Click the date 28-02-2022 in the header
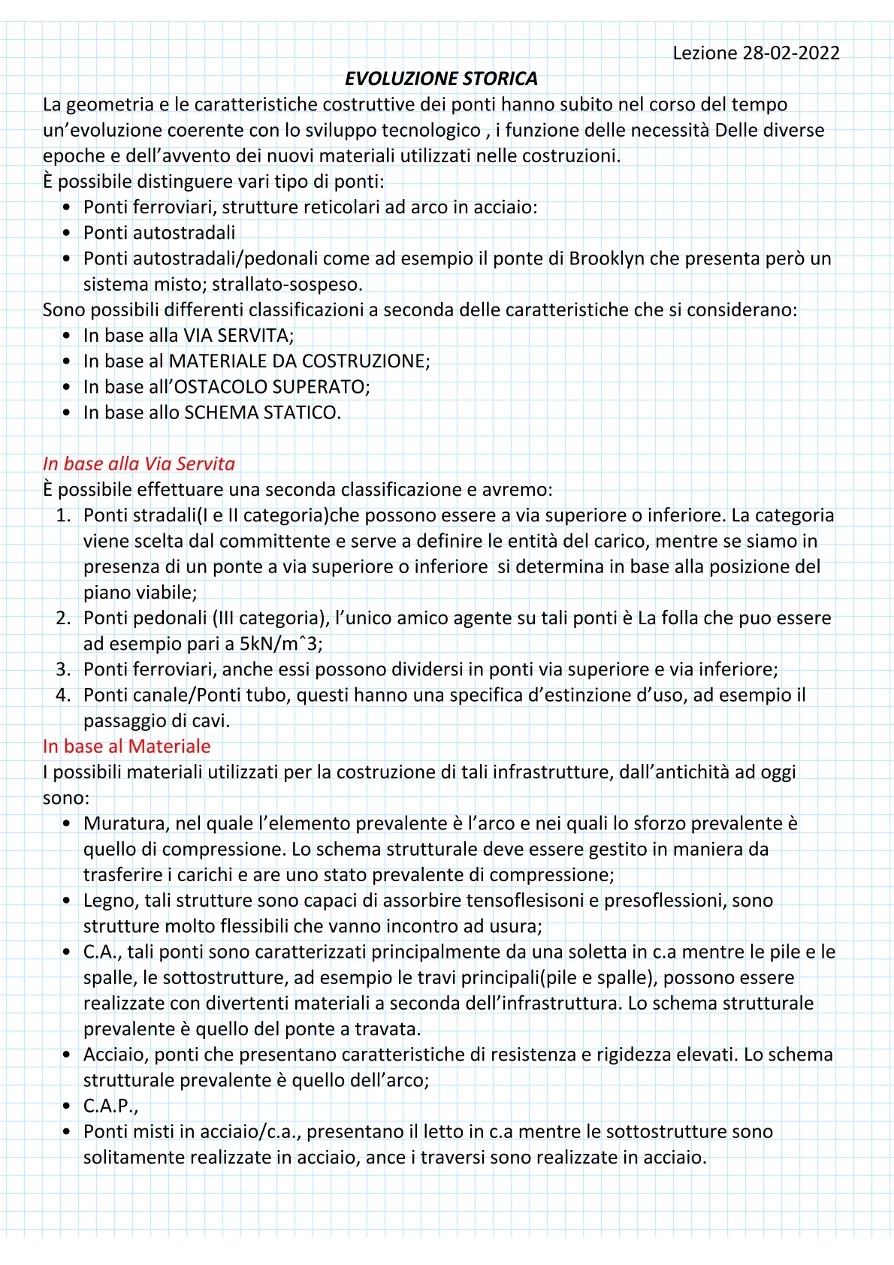point(791,53)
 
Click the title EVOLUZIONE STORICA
point(441,79)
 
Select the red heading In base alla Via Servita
point(139,463)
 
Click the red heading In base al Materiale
point(126,746)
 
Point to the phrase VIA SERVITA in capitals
point(237,336)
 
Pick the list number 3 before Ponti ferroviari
point(63,669)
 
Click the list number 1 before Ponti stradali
point(63,515)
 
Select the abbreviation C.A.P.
point(110,1106)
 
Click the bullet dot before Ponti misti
point(68,1131)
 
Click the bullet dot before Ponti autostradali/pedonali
point(68,258)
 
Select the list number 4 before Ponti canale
point(63,695)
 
